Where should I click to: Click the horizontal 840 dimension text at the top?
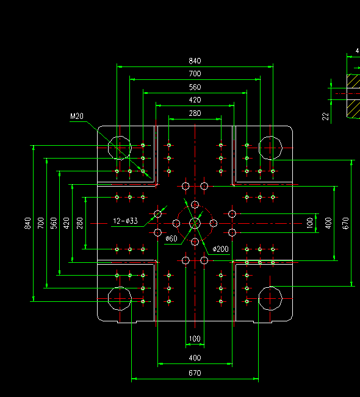[x=195, y=61]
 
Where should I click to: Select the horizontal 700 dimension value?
[x=195, y=74]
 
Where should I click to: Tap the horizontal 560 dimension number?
[x=195, y=87]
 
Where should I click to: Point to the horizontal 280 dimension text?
[x=195, y=113]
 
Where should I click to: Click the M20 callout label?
[x=77, y=116]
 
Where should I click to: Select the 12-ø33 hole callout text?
[x=125, y=221]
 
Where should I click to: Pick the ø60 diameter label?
[x=171, y=238]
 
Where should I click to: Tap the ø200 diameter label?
[x=221, y=249]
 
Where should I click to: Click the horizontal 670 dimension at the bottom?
[x=195, y=373]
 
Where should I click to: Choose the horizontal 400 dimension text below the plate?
[x=195, y=358]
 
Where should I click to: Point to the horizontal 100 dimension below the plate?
[x=195, y=338]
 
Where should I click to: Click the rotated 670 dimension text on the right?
[x=345, y=223]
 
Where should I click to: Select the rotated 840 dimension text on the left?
[x=27, y=223]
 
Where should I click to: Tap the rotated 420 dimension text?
[x=67, y=223]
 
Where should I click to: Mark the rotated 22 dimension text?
[x=325, y=116]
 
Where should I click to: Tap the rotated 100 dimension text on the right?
[x=309, y=223]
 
